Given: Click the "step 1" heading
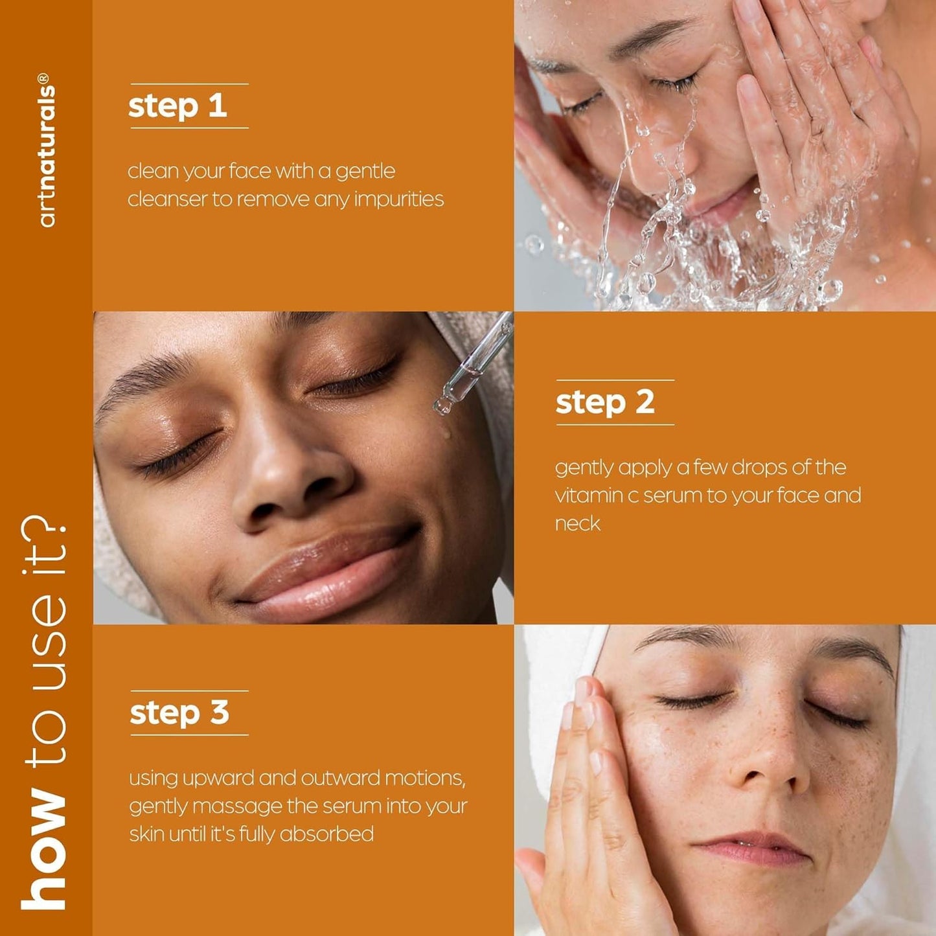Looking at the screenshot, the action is [x=177, y=106].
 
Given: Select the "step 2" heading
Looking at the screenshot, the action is [x=605, y=403].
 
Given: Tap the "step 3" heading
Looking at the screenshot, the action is [x=179, y=713].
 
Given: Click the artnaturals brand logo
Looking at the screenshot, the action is [x=47, y=150].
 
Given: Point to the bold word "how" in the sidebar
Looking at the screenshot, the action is [x=43, y=850].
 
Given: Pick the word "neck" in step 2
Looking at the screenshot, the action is [x=578, y=523].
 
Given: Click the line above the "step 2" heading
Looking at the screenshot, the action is [x=615, y=380].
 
